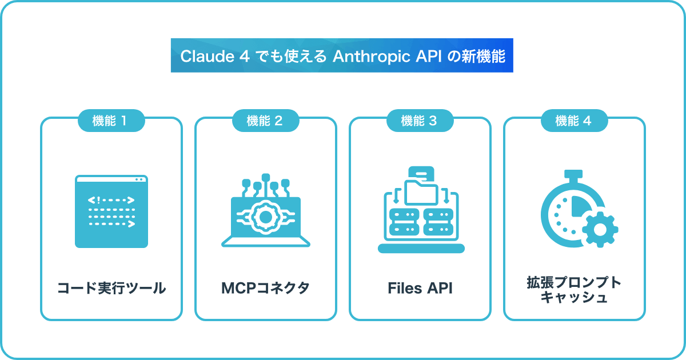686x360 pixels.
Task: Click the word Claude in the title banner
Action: coord(208,57)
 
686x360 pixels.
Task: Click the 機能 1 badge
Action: coord(111,121)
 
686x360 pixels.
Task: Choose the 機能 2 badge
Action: coord(265,121)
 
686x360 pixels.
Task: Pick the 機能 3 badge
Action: coord(420,121)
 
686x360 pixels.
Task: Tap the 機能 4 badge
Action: coord(574,121)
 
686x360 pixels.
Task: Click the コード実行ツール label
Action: coord(111,288)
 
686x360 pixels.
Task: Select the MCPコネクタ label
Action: coord(265,288)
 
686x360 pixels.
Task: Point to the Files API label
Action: coord(420,288)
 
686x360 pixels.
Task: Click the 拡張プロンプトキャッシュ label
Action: coord(574,290)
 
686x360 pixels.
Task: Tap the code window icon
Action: coord(111,211)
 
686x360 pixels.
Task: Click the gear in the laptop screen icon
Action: coord(265,217)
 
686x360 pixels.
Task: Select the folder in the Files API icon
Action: coord(421,192)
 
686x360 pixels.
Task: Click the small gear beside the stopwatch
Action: coord(600,230)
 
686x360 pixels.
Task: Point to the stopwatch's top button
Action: coord(573,175)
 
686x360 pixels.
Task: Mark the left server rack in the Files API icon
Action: coord(404,222)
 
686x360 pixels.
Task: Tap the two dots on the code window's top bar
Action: coord(139,179)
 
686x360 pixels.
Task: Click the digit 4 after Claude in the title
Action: coord(245,57)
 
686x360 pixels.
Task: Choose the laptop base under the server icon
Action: coord(421,249)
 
